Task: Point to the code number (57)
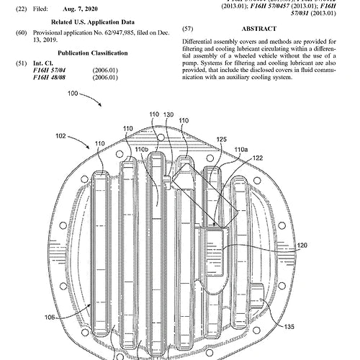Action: coord(188,28)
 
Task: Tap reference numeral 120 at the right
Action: coord(302,246)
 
